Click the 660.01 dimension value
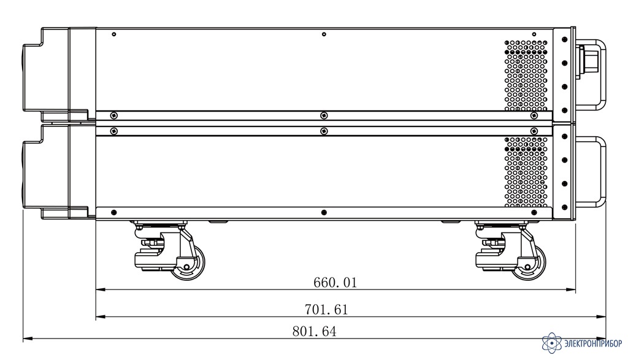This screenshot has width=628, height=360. [x=335, y=282]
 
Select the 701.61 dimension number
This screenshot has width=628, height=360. [x=326, y=310]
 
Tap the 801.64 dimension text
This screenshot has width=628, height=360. [x=315, y=332]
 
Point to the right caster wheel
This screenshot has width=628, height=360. [x=529, y=262]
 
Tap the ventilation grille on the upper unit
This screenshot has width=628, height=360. [x=526, y=75]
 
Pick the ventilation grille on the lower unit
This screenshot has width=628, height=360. [x=526, y=172]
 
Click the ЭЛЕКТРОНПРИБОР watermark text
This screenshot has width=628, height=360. [x=593, y=343]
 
